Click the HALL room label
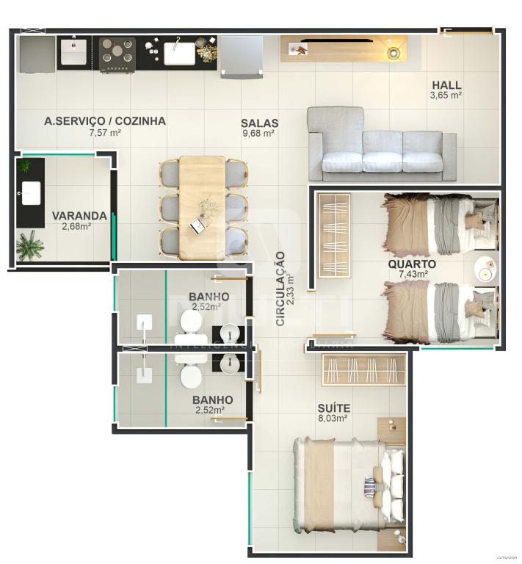click(446, 84)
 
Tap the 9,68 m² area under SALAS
click(258, 134)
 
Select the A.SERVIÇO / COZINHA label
click(105, 121)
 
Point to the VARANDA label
click(79, 216)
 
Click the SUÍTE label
click(333, 408)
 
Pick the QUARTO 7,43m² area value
click(413, 274)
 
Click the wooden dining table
click(202, 206)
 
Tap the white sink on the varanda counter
click(31, 192)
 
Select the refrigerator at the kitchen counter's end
click(242, 55)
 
